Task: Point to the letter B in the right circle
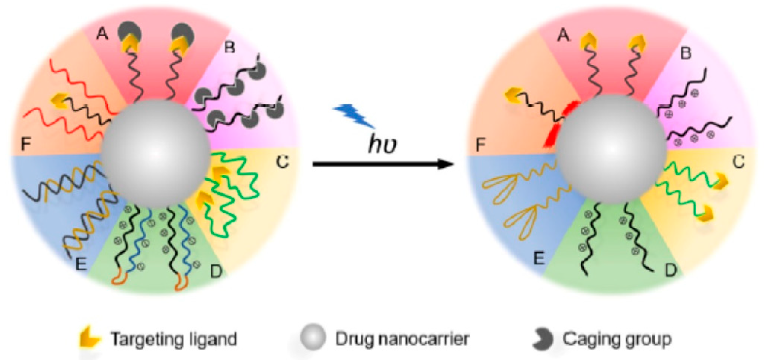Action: pos(686,53)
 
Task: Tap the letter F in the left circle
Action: pos(26,144)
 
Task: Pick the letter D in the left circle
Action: pos(216,271)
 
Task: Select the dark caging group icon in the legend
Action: pos(542,339)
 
